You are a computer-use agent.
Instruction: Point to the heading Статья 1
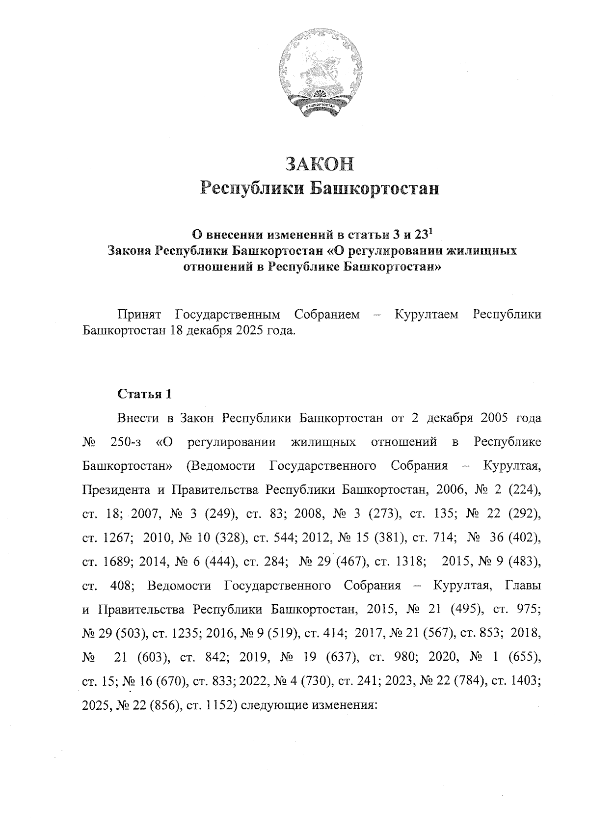click(x=145, y=394)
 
